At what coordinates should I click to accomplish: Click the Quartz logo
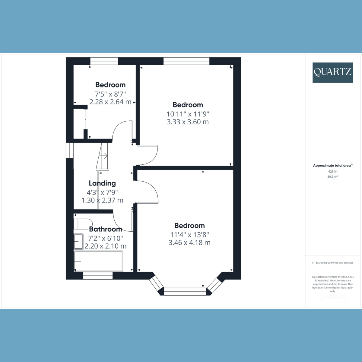(332, 72)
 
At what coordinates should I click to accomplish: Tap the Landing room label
(102, 183)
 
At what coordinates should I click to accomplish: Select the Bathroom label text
(106, 229)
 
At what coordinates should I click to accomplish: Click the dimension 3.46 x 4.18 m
(189, 243)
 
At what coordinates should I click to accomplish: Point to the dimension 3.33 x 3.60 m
(188, 122)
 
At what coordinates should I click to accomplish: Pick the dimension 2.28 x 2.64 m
(110, 102)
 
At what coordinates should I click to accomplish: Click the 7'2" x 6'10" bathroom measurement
(105, 238)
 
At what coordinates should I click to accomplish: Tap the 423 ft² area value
(332, 171)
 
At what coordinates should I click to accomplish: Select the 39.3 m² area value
(332, 177)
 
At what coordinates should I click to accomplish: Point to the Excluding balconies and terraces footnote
(332, 263)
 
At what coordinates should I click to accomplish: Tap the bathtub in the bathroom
(98, 261)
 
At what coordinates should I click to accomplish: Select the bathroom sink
(78, 241)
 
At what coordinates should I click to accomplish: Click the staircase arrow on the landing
(104, 156)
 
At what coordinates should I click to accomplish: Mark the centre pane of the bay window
(185, 291)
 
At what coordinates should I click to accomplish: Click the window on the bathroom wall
(98, 275)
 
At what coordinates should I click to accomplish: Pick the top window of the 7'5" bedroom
(104, 61)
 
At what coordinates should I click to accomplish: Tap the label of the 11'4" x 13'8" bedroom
(189, 226)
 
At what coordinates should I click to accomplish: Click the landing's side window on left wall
(70, 150)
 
